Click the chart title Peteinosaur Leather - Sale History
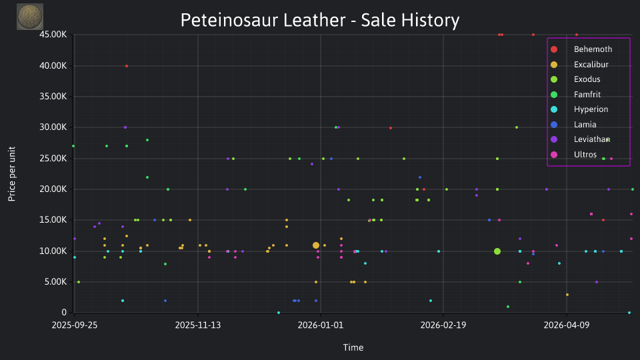click(x=320, y=20)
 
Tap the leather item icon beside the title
click(x=30, y=17)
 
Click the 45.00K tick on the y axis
click(x=53, y=35)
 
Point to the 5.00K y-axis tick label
click(x=55, y=281)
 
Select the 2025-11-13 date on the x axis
click(x=198, y=325)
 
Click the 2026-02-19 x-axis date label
click(x=443, y=325)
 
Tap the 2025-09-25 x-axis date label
click(x=75, y=325)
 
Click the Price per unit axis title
click(x=11, y=174)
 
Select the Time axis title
click(x=353, y=347)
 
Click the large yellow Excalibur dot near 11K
click(x=316, y=245)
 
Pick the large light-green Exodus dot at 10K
click(x=497, y=251)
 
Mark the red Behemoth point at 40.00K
click(x=127, y=66)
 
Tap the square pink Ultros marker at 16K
click(x=591, y=214)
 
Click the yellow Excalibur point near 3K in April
click(x=567, y=295)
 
